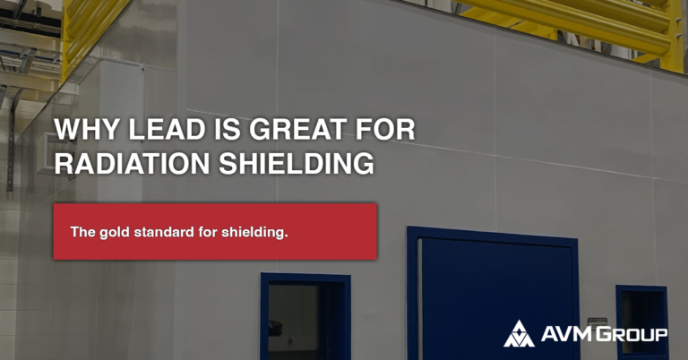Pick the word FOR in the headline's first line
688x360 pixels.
387,129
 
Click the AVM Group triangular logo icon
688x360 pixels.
519,333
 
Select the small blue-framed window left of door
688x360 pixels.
305,317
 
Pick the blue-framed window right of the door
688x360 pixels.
641,318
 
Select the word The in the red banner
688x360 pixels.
82,232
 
